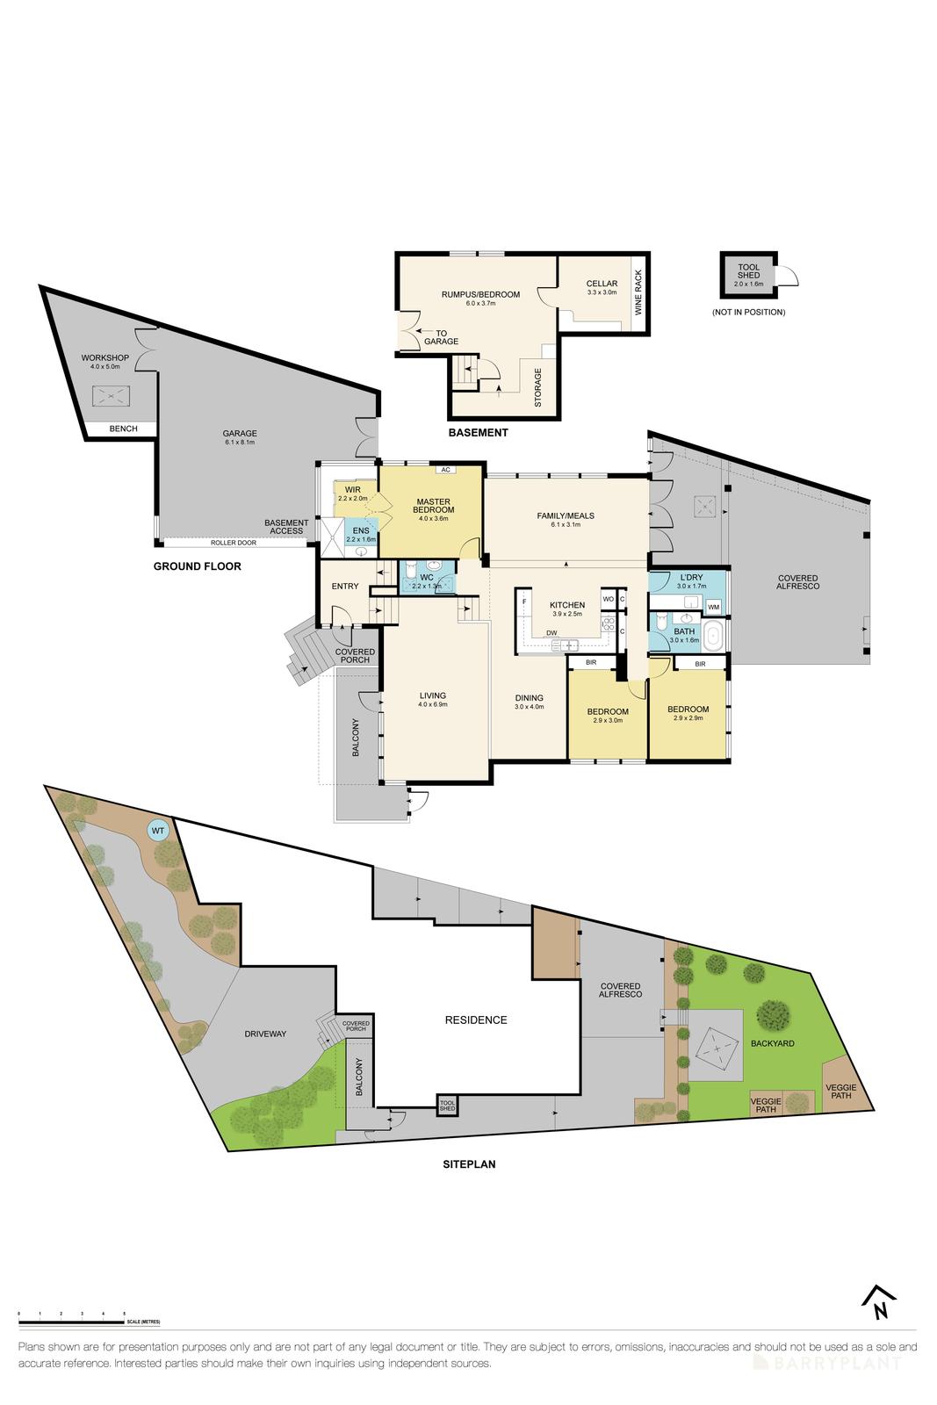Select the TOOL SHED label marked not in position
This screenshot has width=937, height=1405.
749,272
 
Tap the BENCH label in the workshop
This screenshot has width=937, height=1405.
123,429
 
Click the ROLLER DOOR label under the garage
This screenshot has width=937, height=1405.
233,543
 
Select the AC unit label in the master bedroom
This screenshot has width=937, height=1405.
445,470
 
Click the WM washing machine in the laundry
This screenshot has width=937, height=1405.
713,606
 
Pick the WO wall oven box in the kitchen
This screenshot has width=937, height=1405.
608,600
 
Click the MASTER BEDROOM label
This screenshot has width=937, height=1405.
435,506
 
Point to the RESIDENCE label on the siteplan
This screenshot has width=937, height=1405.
475,1020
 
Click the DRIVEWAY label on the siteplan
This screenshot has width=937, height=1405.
265,1034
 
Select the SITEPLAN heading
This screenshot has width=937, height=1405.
468,1164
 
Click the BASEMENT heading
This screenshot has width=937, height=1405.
478,432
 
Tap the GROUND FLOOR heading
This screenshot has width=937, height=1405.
197,566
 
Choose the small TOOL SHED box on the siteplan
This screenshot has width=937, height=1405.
447,1105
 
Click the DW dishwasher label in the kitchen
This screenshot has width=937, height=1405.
551,633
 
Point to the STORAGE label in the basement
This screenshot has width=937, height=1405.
538,387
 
